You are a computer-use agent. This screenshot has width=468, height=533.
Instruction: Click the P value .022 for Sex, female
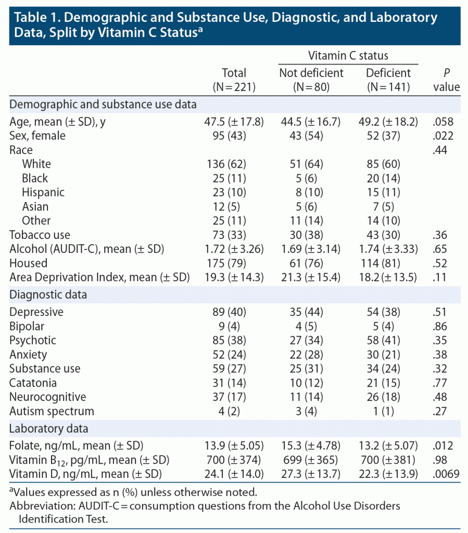click(x=447, y=136)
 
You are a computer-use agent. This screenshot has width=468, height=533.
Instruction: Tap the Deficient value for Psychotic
click(x=391, y=340)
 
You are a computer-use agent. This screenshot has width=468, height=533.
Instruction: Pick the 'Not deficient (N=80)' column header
click(x=311, y=80)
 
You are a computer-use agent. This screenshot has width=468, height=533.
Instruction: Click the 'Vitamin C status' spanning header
click(x=348, y=56)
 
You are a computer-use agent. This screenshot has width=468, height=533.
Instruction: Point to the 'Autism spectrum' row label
click(x=52, y=411)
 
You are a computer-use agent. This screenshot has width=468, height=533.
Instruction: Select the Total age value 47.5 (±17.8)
click(x=234, y=122)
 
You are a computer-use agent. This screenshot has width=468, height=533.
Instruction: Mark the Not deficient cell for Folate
click(x=311, y=446)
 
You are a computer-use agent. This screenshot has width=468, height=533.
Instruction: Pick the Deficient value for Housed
click(x=391, y=263)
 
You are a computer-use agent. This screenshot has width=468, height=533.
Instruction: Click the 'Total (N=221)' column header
click(x=234, y=80)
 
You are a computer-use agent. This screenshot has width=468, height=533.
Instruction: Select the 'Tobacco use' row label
click(x=40, y=235)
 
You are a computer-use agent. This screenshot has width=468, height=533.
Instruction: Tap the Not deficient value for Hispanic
click(x=311, y=192)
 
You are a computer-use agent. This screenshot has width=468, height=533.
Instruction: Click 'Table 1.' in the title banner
click(x=35, y=18)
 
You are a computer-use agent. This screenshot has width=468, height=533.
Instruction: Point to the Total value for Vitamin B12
click(x=234, y=460)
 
